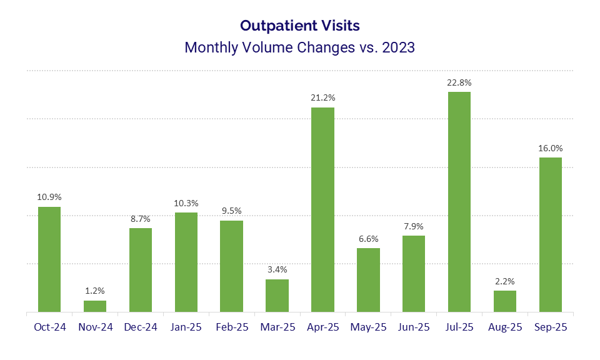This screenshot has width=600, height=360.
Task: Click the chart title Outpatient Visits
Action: [x=300, y=26]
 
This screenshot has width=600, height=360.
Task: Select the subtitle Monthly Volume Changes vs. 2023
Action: [x=300, y=47]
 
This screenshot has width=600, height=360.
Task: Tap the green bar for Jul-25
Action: [x=459, y=202]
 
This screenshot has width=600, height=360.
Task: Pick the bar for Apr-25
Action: [x=322, y=209]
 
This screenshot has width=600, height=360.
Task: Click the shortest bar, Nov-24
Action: [x=95, y=306]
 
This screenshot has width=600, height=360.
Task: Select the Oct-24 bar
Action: [x=49, y=259]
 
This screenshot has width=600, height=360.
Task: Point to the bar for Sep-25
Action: [x=551, y=234]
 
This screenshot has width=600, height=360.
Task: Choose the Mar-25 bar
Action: [x=277, y=296]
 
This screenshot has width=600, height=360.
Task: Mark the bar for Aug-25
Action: [x=505, y=301]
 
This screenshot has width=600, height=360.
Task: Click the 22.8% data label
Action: [x=459, y=82]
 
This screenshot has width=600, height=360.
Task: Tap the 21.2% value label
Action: [x=322, y=97]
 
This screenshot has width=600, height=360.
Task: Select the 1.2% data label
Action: [x=95, y=291]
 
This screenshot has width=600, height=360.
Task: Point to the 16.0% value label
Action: [x=551, y=148]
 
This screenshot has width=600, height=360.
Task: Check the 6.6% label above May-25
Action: [x=368, y=239]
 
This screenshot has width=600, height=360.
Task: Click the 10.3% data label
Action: [x=186, y=203]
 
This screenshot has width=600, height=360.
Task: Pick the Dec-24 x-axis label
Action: [x=141, y=327]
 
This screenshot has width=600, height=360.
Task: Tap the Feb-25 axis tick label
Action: [x=231, y=327]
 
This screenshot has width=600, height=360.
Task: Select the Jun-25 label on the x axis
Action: [x=414, y=327]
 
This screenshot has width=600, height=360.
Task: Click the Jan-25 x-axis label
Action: [x=186, y=327]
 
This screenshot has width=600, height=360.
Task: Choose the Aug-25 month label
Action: [x=505, y=327]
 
